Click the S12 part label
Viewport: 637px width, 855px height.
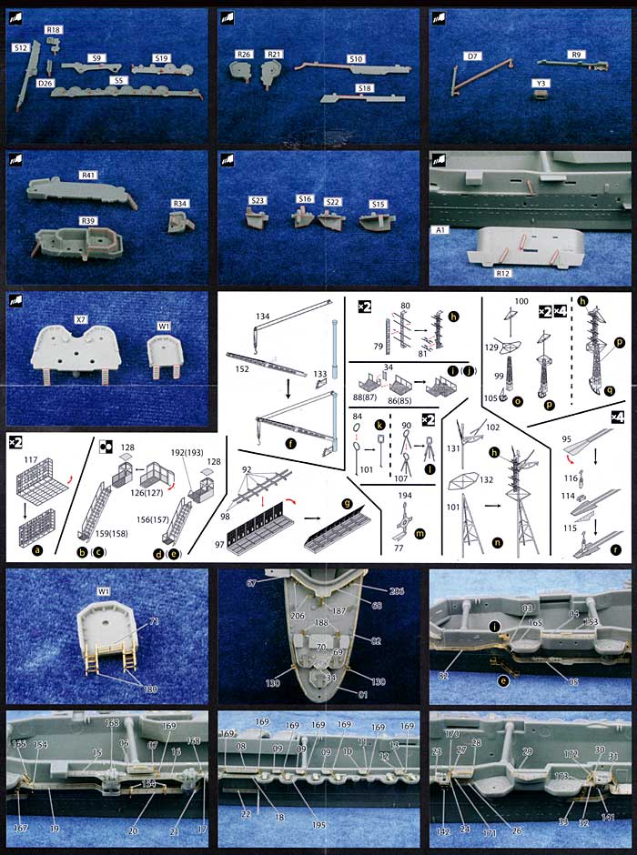20,46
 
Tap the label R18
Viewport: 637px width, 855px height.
54,30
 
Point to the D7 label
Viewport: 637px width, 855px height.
472,56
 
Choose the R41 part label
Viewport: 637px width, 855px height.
88,175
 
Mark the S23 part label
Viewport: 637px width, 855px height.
257,200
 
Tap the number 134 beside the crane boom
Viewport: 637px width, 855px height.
262,316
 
